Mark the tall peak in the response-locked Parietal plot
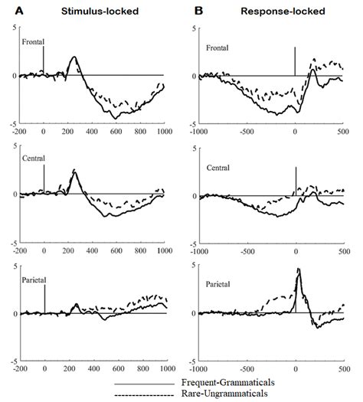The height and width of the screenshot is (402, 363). pyautogui.click(x=298, y=270)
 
